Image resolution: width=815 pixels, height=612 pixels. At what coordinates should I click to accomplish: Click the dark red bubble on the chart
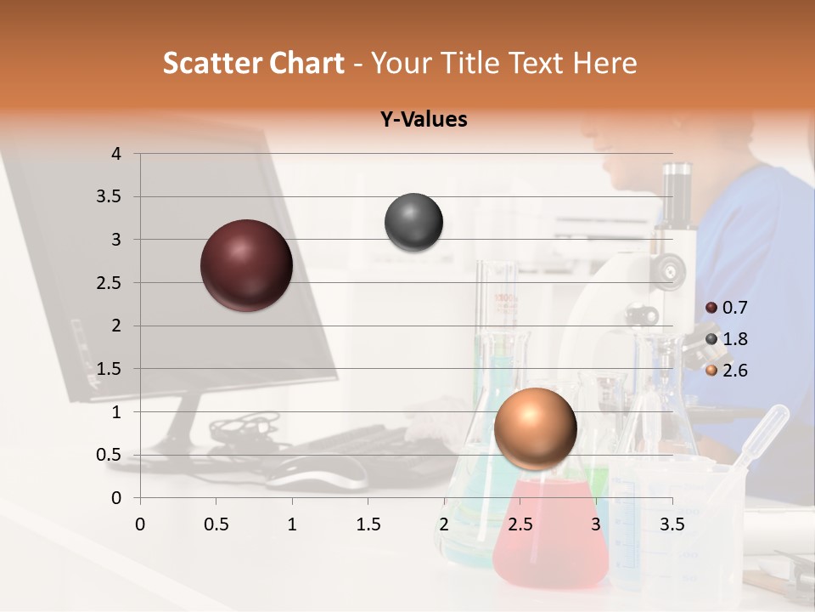point(246,265)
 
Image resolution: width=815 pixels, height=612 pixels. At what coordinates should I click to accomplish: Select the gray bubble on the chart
point(413,223)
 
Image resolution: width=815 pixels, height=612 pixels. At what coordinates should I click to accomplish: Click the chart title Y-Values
point(424,120)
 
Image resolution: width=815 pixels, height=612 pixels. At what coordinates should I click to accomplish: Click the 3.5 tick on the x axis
point(672,524)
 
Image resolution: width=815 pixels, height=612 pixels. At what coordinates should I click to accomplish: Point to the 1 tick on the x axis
point(292,524)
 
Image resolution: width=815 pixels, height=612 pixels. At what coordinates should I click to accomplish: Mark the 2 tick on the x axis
point(444,524)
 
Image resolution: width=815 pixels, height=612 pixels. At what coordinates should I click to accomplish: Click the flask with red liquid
point(550,535)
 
